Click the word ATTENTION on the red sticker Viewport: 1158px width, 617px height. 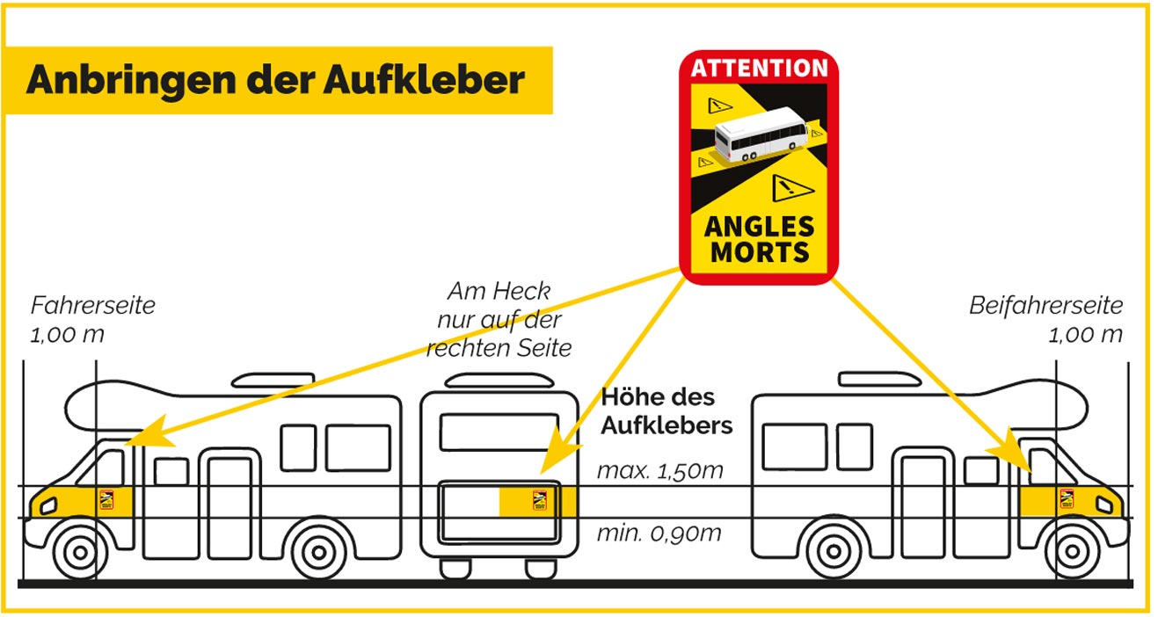point(759,68)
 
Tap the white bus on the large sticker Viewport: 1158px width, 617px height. point(761,134)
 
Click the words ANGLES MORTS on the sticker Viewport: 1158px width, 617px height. point(759,239)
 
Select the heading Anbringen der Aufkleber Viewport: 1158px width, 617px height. point(275,81)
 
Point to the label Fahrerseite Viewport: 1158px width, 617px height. point(93,305)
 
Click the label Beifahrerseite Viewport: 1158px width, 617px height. point(1045,305)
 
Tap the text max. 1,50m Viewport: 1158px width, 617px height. point(660,471)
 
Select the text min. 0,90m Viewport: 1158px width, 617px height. point(659,533)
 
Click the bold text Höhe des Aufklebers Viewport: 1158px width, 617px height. point(666,412)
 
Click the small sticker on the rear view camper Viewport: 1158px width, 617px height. point(540,500)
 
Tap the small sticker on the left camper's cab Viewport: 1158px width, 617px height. point(106,500)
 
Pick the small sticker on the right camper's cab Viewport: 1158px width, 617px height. point(1067,498)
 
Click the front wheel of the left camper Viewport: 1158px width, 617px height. point(80,553)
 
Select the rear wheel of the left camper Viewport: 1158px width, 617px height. point(319,553)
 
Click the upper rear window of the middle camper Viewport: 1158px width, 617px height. point(499,432)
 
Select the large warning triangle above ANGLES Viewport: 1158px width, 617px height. point(791,188)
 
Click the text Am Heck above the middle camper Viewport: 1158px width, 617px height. point(499,291)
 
